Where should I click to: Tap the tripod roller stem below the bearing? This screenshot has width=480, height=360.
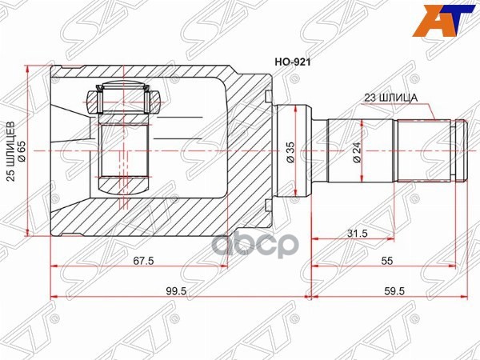coord(125,144)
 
